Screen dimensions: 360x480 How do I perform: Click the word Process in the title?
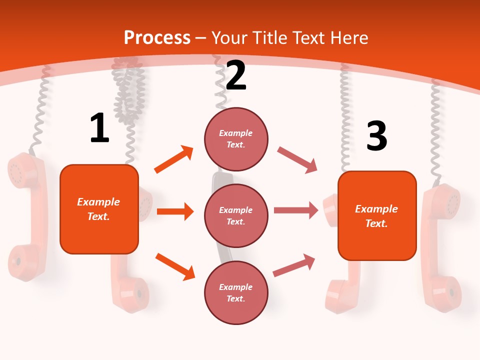click(x=157, y=38)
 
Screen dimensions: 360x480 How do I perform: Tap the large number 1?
click(x=99, y=128)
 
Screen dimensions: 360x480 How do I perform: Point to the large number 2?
click(x=236, y=75)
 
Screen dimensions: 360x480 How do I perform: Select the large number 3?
click(x=377, y=136)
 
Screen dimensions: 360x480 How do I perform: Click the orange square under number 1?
click(x=99, y=209)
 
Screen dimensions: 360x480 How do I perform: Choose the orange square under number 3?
click(x=377, y=215)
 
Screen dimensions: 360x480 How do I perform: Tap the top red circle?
click(x=236, y=139)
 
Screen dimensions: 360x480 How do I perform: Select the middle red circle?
click(x=236, y=215)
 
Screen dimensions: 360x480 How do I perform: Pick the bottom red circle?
click(x=236, y=292)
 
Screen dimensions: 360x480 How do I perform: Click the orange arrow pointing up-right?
click(x=174, y=159)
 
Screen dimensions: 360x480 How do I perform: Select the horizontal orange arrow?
click(x=175, y=211)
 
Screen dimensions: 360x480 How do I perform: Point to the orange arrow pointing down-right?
click(x=175, y=266)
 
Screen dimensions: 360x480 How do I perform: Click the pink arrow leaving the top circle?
click(x=297, y=160)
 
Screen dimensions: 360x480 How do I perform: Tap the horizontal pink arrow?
click(x=295, y=210)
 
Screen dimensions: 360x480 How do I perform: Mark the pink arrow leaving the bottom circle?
click(x=294, y=265)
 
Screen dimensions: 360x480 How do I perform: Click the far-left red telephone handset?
click(x=27, y=215)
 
